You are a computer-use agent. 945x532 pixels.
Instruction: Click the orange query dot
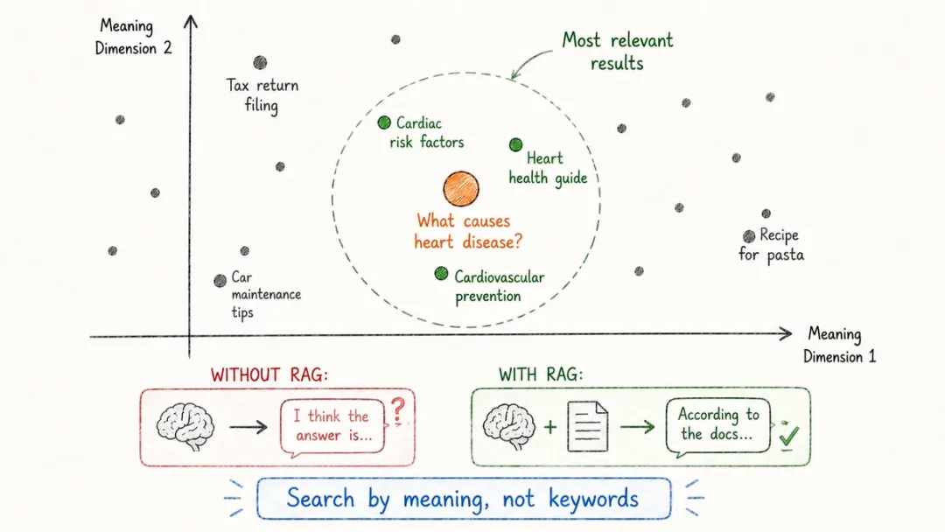tap(461, 189)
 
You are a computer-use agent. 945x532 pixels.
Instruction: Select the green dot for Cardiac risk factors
tap(384, 122)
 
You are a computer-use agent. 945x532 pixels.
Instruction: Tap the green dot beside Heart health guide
tap(515, 144)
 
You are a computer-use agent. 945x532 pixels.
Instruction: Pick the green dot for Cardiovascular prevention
tap(441, 274)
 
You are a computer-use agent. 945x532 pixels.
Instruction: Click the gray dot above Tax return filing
tap(260, 63)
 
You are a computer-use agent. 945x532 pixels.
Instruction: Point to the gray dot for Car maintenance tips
tap(220, 281)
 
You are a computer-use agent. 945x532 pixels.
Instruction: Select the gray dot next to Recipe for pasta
tap(748, 236)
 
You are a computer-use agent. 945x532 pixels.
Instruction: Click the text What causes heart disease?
tap(467, 231)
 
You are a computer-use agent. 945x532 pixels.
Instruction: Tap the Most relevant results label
tap(617, 52)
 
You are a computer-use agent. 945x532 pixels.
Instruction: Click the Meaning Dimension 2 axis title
tap(133, 38)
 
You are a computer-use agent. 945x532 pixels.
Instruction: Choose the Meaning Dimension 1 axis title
tap(839, 346)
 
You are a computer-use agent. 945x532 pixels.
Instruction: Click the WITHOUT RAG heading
tap(269, 374)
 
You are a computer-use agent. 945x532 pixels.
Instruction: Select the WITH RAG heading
tap(541, 374)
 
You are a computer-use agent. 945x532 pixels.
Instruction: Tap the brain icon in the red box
tap(185, 427)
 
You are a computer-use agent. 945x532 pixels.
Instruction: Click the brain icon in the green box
tap(509, 427)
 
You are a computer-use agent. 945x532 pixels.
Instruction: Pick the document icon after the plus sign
tap(588, 427)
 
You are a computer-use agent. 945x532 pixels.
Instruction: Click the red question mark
tap(398, 411)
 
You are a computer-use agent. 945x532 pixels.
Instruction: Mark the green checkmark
tap(788, 436)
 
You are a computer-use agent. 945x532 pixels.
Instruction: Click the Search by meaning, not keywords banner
tap(464, 499)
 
